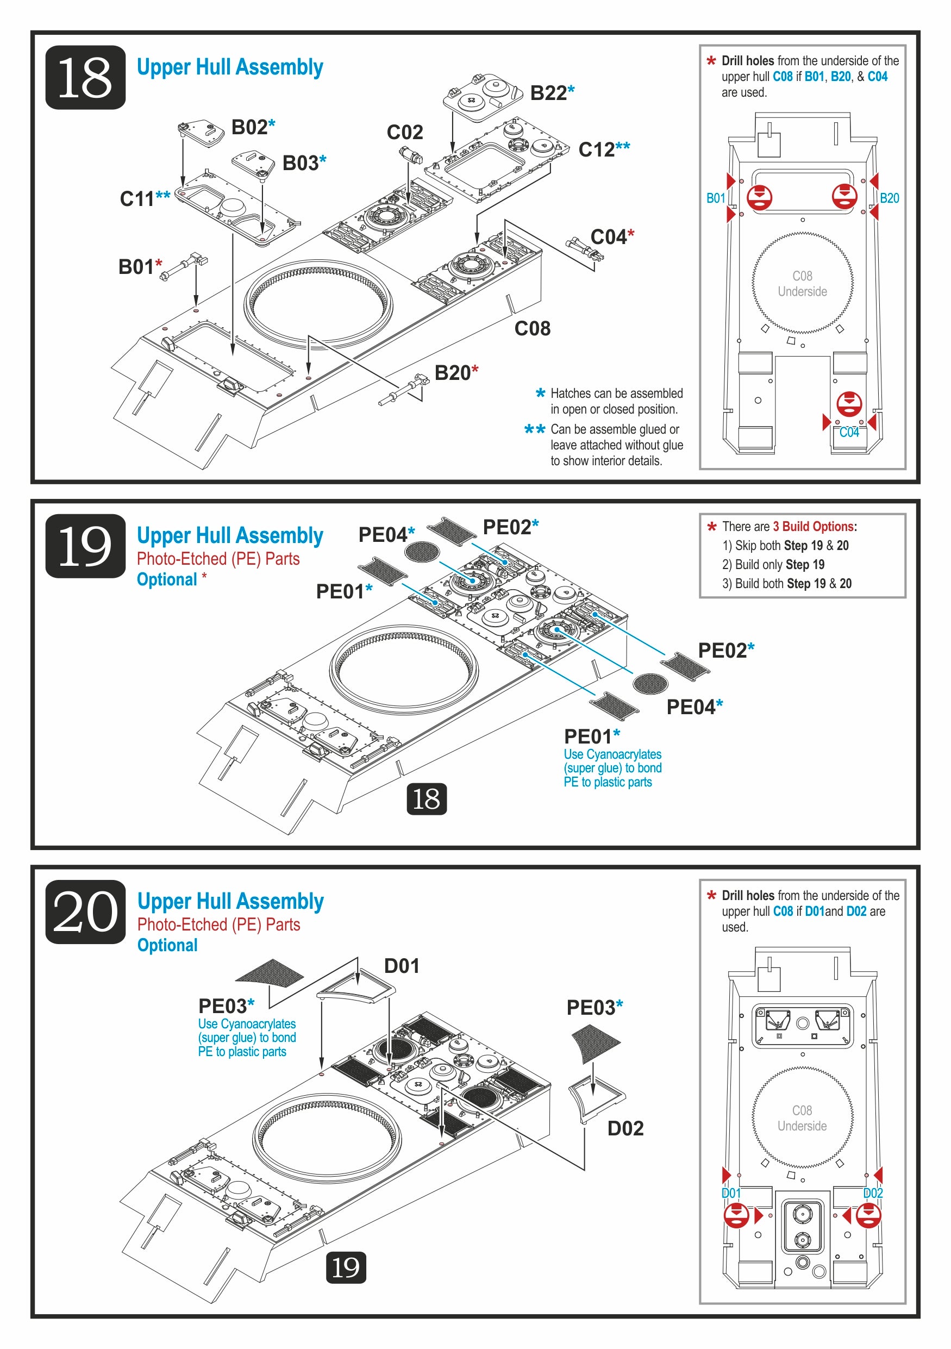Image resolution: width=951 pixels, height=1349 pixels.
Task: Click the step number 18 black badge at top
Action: [85, 78]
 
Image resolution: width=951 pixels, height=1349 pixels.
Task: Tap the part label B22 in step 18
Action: [548, 93]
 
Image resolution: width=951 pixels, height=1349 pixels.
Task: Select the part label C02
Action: [405, 132]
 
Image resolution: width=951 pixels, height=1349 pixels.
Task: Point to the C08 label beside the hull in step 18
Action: [532, 328]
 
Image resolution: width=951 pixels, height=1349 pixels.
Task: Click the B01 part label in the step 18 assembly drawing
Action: [136, 267]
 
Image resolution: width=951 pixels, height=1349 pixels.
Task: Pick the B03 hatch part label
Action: [300, 163]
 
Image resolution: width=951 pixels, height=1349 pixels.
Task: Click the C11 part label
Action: [137, 198]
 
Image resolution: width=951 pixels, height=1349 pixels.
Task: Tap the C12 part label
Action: [597, 150]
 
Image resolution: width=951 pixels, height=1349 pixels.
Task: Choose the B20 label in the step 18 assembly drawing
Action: [452, 372]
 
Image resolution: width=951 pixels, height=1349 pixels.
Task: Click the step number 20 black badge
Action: [85, 912]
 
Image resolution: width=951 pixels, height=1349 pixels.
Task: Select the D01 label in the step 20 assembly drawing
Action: [402, 966]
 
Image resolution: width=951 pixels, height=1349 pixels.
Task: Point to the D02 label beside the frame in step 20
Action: [625, 1128]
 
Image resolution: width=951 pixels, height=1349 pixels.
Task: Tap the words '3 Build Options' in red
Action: [813, 527]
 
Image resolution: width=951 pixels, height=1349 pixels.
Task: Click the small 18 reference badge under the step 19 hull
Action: [427, 799]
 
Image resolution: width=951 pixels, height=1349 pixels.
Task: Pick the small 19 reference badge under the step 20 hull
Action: [346, 1267]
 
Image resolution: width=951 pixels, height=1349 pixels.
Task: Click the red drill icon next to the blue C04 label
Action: [849, 404]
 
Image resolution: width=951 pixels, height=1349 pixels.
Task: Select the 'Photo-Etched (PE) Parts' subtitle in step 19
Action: [218, 559]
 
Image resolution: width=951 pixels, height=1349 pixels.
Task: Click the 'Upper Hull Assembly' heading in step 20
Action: [230, 901]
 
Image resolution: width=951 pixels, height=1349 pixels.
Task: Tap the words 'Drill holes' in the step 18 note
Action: [747, 60]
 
